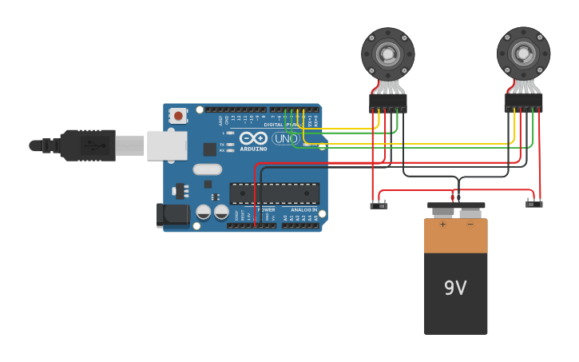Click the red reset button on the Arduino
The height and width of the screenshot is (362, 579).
tap(177, 116)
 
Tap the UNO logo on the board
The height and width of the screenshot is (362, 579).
tap(286, 138)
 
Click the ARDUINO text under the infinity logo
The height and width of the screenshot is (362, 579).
tap(253, 149)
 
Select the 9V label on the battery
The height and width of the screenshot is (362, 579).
tap(455, 288)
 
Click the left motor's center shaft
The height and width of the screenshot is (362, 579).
tap(388, 54)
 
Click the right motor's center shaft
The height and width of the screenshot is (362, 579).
tap(524, 54)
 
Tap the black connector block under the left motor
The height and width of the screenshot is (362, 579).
tap(388, 102)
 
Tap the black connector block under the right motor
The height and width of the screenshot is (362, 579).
tap(524, 102)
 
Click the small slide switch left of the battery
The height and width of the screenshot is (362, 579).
tap(379, 205)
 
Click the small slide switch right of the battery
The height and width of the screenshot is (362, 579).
tap(533, 204)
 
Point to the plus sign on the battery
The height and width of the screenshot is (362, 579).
tap(442, 225)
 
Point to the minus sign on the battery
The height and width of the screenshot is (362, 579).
tap(470, 225)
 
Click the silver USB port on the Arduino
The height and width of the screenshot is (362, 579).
tap(167, 145)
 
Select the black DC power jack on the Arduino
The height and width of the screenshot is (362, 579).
tap(172, 213)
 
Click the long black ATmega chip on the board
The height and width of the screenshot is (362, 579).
tap(274, 193)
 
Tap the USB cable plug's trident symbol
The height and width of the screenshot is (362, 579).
tap(94, 145)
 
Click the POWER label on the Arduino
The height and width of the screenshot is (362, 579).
tap(267, 209)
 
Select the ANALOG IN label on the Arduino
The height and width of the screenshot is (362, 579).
tap(304, 209)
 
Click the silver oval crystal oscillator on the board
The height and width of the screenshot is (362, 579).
tap(207, 169)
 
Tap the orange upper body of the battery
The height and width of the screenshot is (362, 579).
tap(455, 240)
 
